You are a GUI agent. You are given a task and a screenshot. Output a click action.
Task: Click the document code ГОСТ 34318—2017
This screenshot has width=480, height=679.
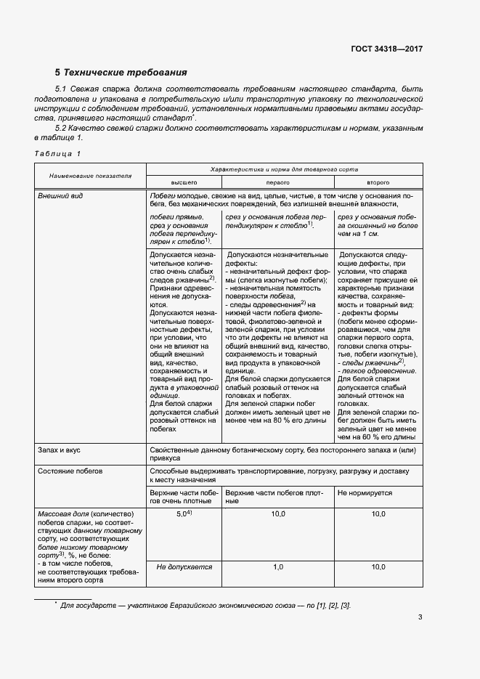point(386,49)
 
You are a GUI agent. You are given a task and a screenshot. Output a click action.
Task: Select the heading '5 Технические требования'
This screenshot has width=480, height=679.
point(121,73)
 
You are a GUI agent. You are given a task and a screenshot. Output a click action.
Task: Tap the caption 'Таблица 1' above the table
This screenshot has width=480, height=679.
point(58,153)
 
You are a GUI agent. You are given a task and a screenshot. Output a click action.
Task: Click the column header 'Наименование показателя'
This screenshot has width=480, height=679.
point(90,176)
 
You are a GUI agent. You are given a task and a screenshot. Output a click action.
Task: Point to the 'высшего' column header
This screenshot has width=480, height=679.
point(184,183)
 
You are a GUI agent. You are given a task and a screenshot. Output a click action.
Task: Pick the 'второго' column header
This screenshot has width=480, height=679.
point(378,183)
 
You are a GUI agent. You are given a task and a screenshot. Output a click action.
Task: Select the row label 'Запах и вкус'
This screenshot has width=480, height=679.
point(59,450)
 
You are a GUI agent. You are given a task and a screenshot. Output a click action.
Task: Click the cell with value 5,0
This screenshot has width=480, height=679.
point(184,513)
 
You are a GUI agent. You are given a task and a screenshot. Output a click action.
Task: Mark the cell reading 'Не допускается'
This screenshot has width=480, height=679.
point(184,566)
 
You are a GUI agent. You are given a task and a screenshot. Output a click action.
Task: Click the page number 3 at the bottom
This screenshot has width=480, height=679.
point(420,617)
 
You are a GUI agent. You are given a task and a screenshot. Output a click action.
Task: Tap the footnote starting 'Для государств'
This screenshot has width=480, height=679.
point(203,605)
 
